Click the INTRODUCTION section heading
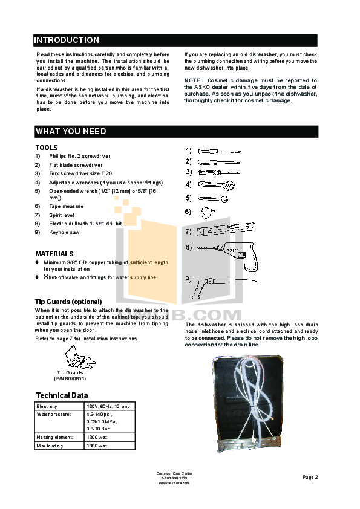(67, 41)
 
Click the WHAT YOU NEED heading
(71, 131)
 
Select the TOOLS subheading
(47, 148)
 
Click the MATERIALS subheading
(54, 254)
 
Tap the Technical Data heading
(61, 395)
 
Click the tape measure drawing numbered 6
(207, 212)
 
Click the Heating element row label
(55, 437)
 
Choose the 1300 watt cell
(97, 446)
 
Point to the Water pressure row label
(54, 415)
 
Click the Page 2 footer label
(310, 477)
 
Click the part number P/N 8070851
(70, 378)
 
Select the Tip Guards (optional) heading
(68, 301)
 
